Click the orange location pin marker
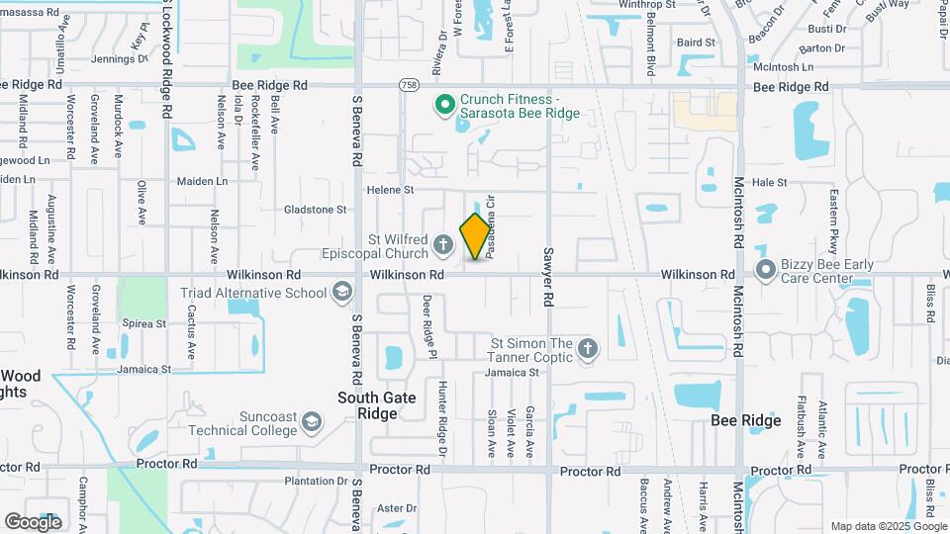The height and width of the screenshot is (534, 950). pyautogui.click(x=476, y=236)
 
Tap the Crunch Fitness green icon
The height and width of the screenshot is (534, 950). pyautogui.click(x=445, y=103)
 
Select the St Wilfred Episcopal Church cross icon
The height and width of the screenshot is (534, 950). pyautogui.click(x=442, y=243)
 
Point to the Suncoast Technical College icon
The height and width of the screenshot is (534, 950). pyautogui.click(x=313, y=423)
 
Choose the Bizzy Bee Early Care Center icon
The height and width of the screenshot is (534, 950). pyautogui.click(x=765, y=269)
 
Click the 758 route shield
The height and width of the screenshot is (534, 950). pyautogui.click(x=409, y=86)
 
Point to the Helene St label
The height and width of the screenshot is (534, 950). pyautogui.click(x=389, y=189)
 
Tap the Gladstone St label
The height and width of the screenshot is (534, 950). pyautogui.click(x=316, y=210)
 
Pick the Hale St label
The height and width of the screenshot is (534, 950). pyautogui.click(x=769, y=183)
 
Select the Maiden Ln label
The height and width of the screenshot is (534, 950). pyautogui.click(x=202, y=182)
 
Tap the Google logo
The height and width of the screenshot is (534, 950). pyautogui.click(x=33, y=521)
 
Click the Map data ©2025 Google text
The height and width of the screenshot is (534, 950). pyautogui.click(x=887, y=526)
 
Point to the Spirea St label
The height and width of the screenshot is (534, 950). pyautogui.click(x=143, y=323)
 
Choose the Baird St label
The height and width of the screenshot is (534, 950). pyautogui.click(x=696, y=43)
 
